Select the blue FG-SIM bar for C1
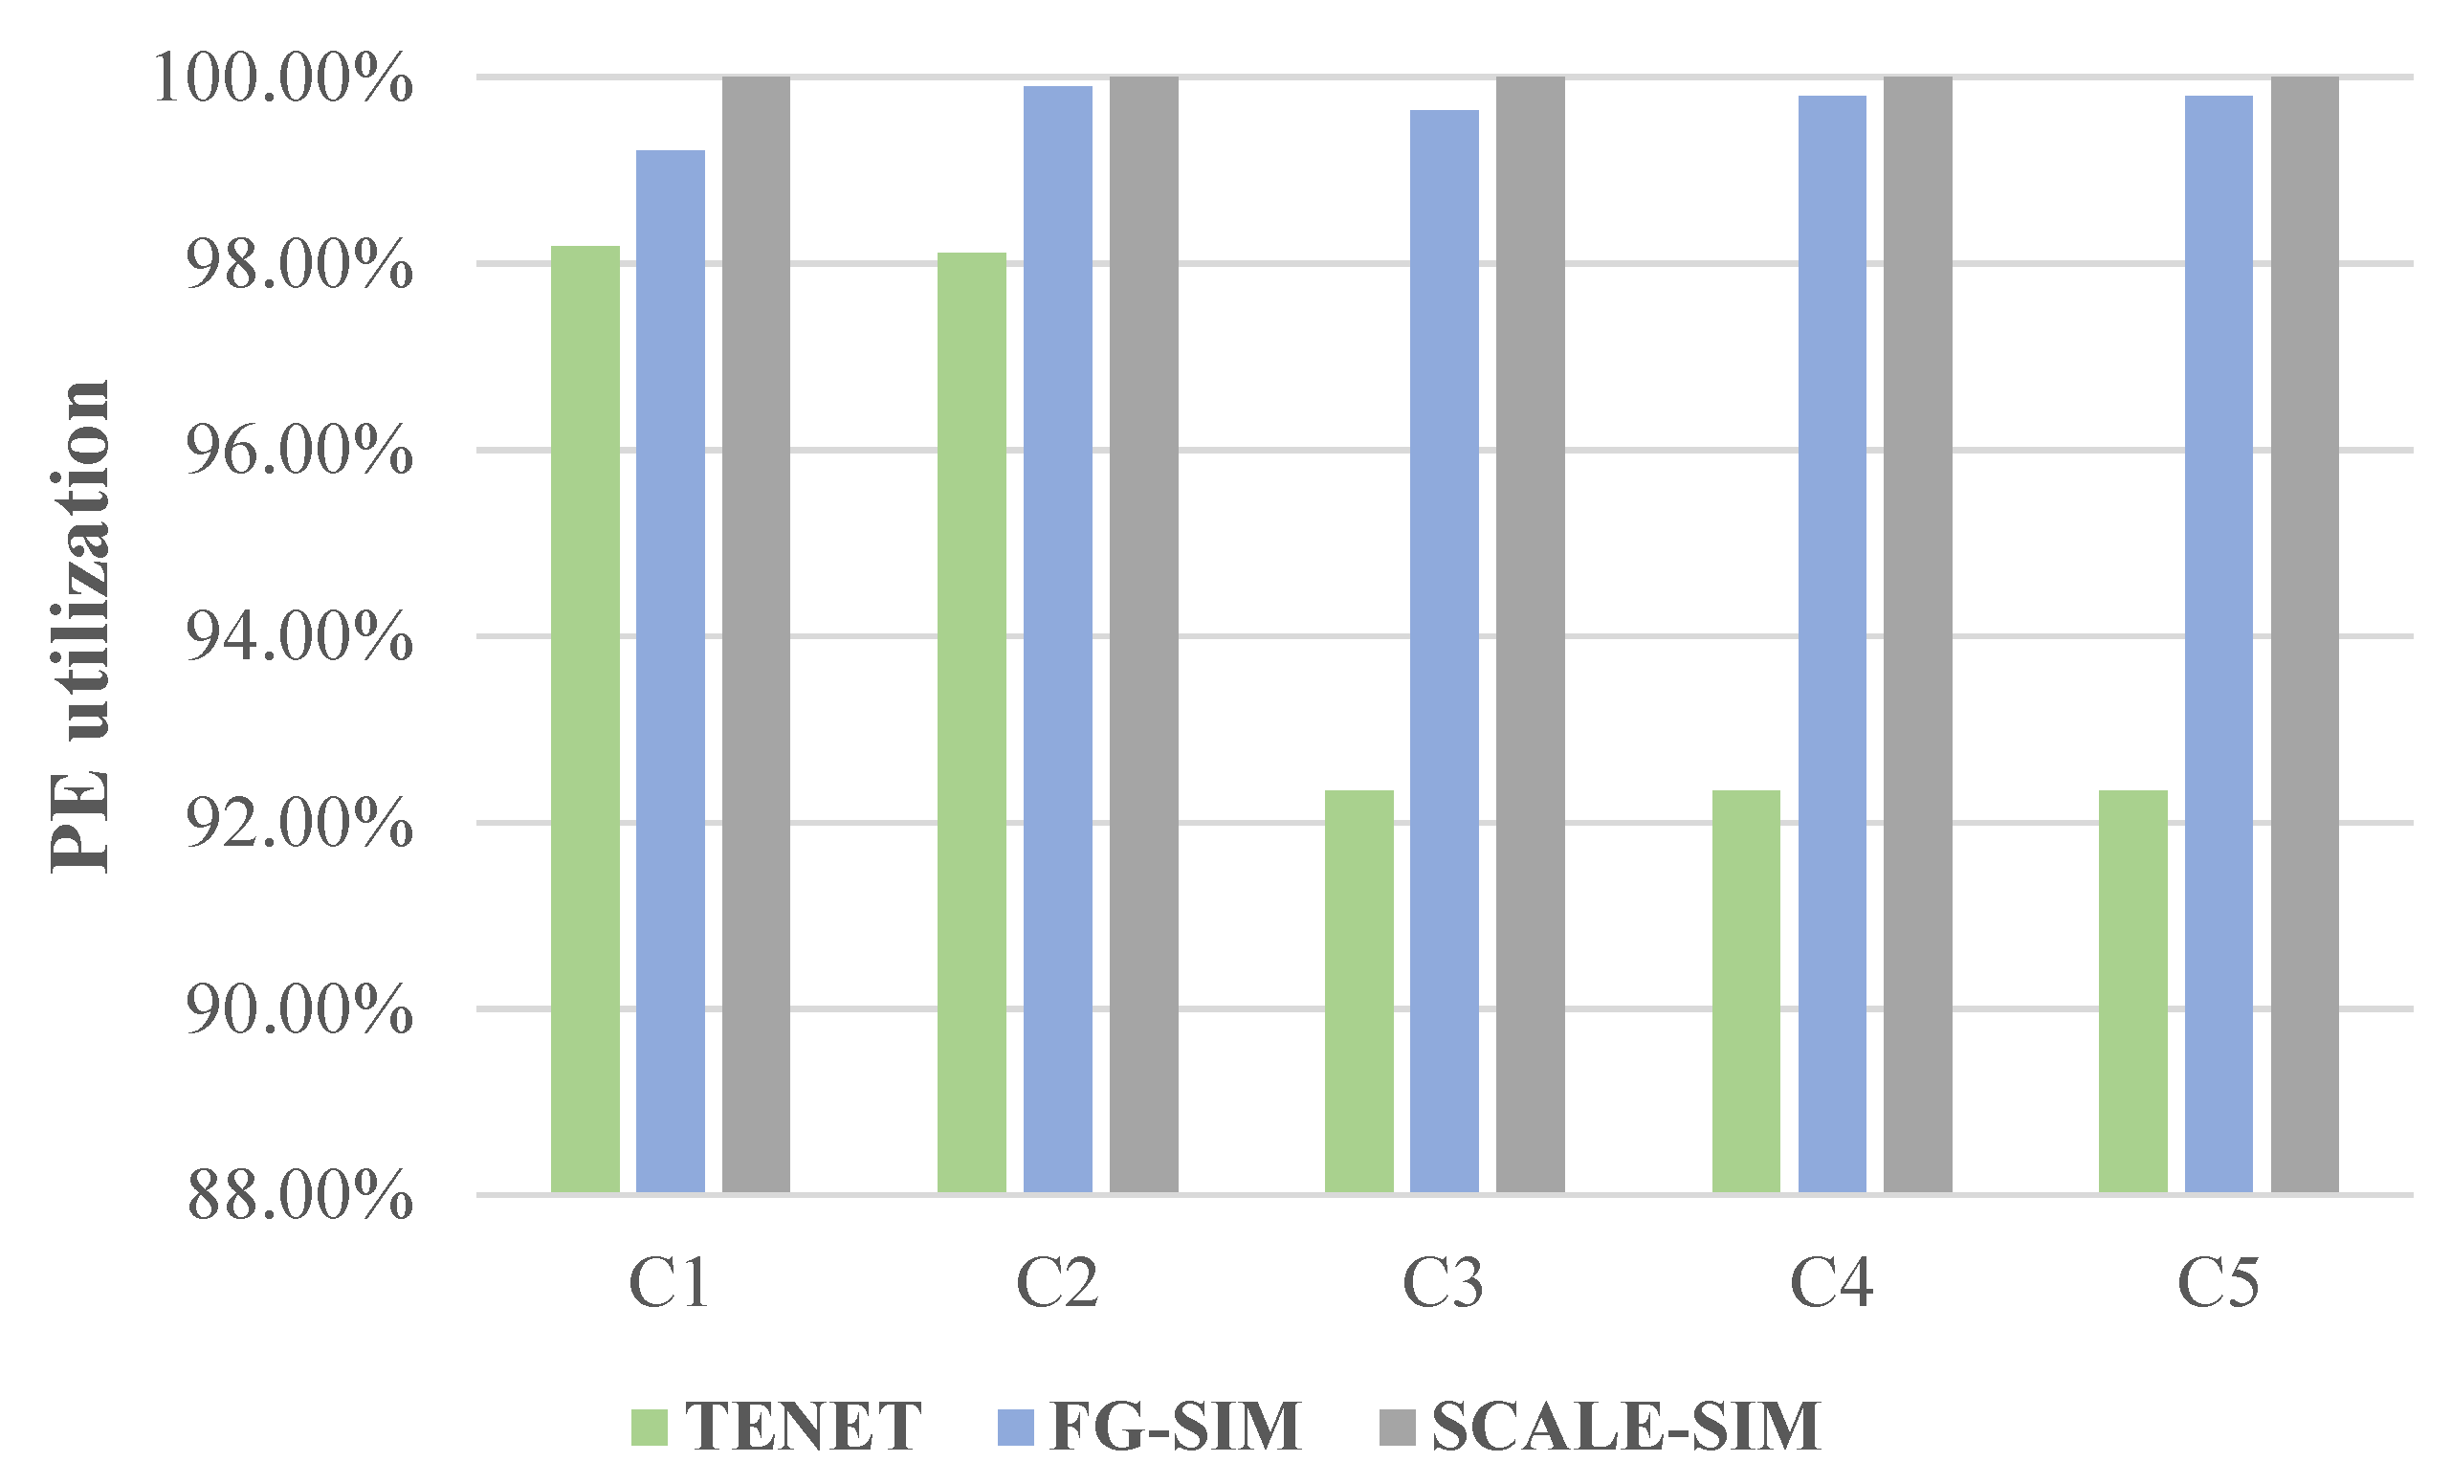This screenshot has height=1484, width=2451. click(x=671, y=672)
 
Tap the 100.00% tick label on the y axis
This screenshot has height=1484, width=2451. click(x=282, y=78)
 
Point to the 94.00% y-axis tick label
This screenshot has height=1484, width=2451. click(x=299, y=636)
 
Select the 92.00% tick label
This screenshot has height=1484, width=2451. click(x=299, y=823)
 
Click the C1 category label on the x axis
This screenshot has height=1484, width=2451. click(x=670, y=1283)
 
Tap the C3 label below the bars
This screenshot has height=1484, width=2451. click(x=1443, y=1283)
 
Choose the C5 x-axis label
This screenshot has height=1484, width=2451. click(x=2218, y=1283)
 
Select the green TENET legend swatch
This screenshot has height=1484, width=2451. click(x=649, y=1427)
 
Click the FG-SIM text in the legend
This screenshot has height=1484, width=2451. click(x=1176, y=1427)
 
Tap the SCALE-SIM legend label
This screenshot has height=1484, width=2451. click(x=1625, y=1427)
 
